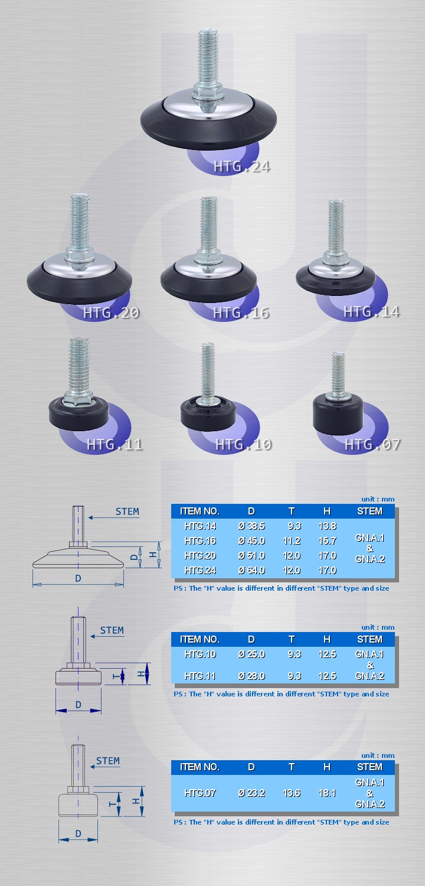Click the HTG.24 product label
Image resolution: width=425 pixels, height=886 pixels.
[241, 167]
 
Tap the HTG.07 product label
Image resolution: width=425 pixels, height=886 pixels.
[372, 445]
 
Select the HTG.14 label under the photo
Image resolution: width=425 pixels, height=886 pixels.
[371, 312]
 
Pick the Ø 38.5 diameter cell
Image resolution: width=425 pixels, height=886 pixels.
[251, 526]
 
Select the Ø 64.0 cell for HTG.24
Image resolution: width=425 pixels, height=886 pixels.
[251, 571]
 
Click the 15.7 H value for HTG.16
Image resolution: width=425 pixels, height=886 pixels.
[328, 540]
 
